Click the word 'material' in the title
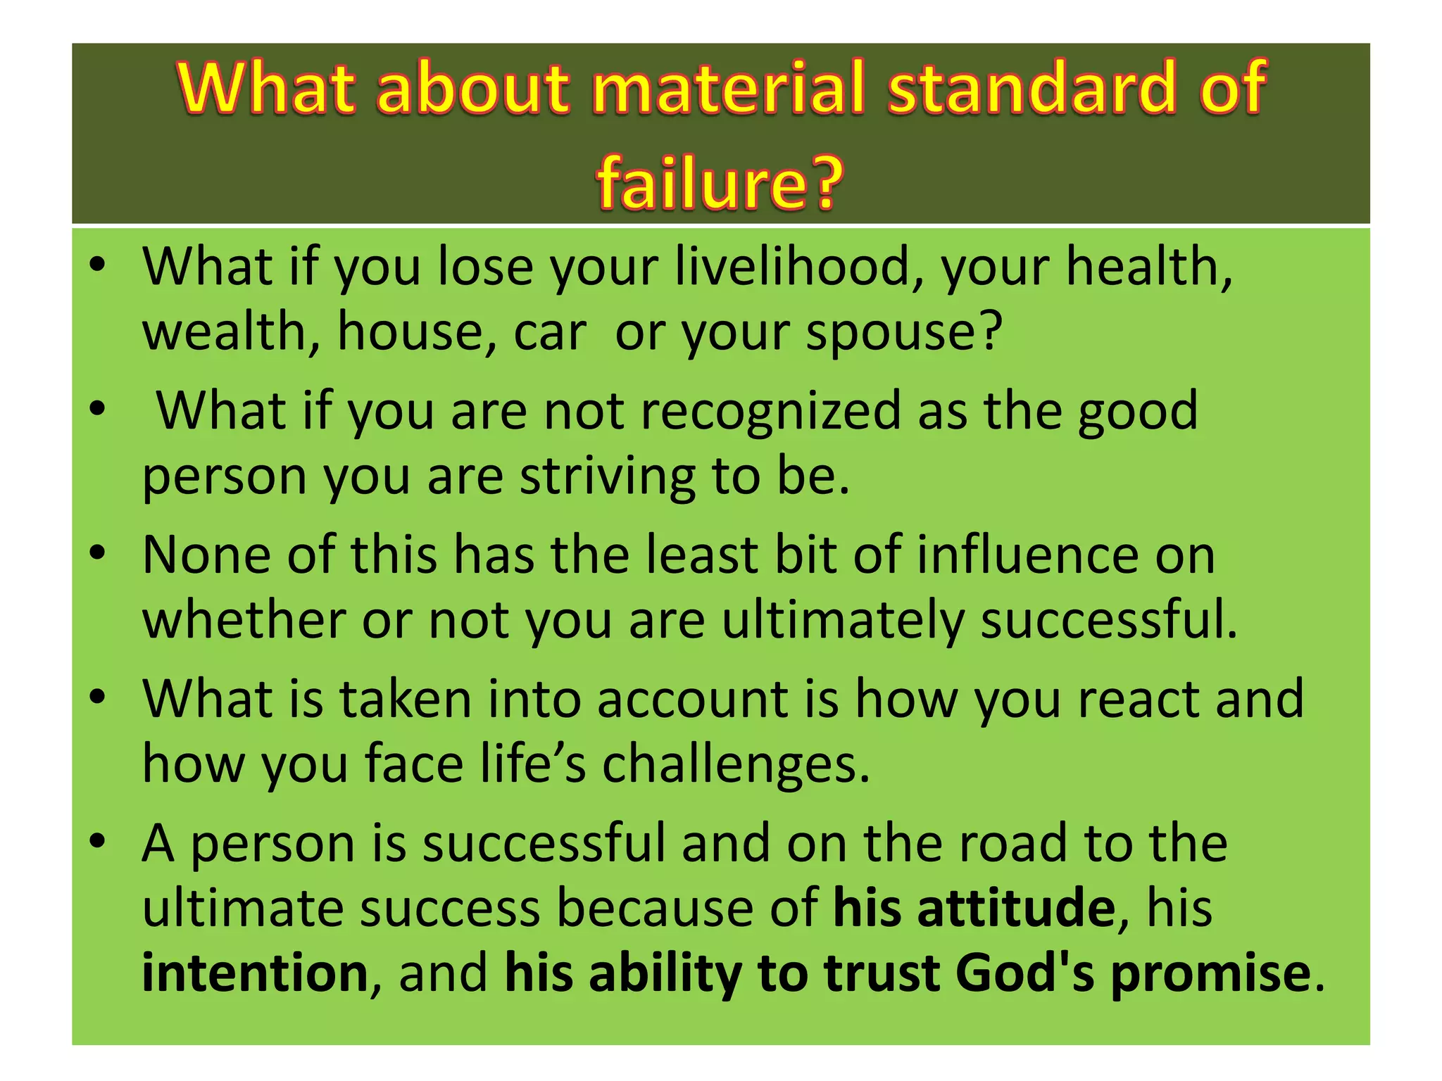click(x=732, y=88)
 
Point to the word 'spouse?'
click(x=904, y=332)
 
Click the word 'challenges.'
click(x=736, y=765)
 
